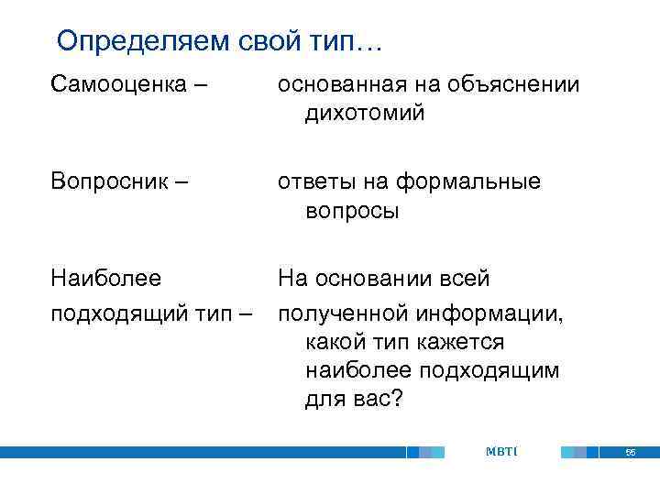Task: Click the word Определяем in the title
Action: click(x=138, y=41)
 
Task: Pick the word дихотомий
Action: click(x=365, y=114)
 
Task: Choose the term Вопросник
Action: click(x=110, y=181)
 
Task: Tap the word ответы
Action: click(x=317, y=181)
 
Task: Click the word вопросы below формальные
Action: click(x=352, y=211)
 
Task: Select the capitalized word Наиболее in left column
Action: click(x=105, y=278)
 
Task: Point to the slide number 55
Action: click(x=630, y=453)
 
